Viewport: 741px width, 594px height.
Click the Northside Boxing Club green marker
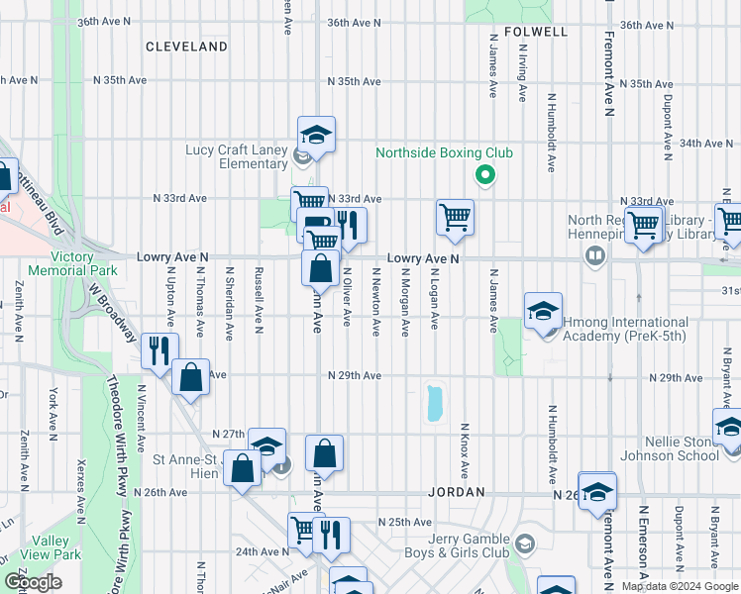coord(484,176)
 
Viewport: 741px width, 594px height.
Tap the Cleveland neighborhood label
coord(186,47)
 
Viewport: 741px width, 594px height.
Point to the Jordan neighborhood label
coord(456,492)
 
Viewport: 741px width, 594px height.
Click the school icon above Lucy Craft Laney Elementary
coord(316,134)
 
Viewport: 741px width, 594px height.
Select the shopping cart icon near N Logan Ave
coord(455,217)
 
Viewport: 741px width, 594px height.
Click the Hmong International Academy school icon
coord(543,310)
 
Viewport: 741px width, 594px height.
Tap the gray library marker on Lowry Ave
coord(594,256)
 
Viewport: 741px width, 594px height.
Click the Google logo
coord(34,582)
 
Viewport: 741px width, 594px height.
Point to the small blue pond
coord(433,403)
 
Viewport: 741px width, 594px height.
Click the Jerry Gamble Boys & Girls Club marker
coord(523,544)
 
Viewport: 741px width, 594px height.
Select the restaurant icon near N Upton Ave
coord(159,348)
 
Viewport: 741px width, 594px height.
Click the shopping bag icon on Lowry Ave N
coord(322,267)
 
